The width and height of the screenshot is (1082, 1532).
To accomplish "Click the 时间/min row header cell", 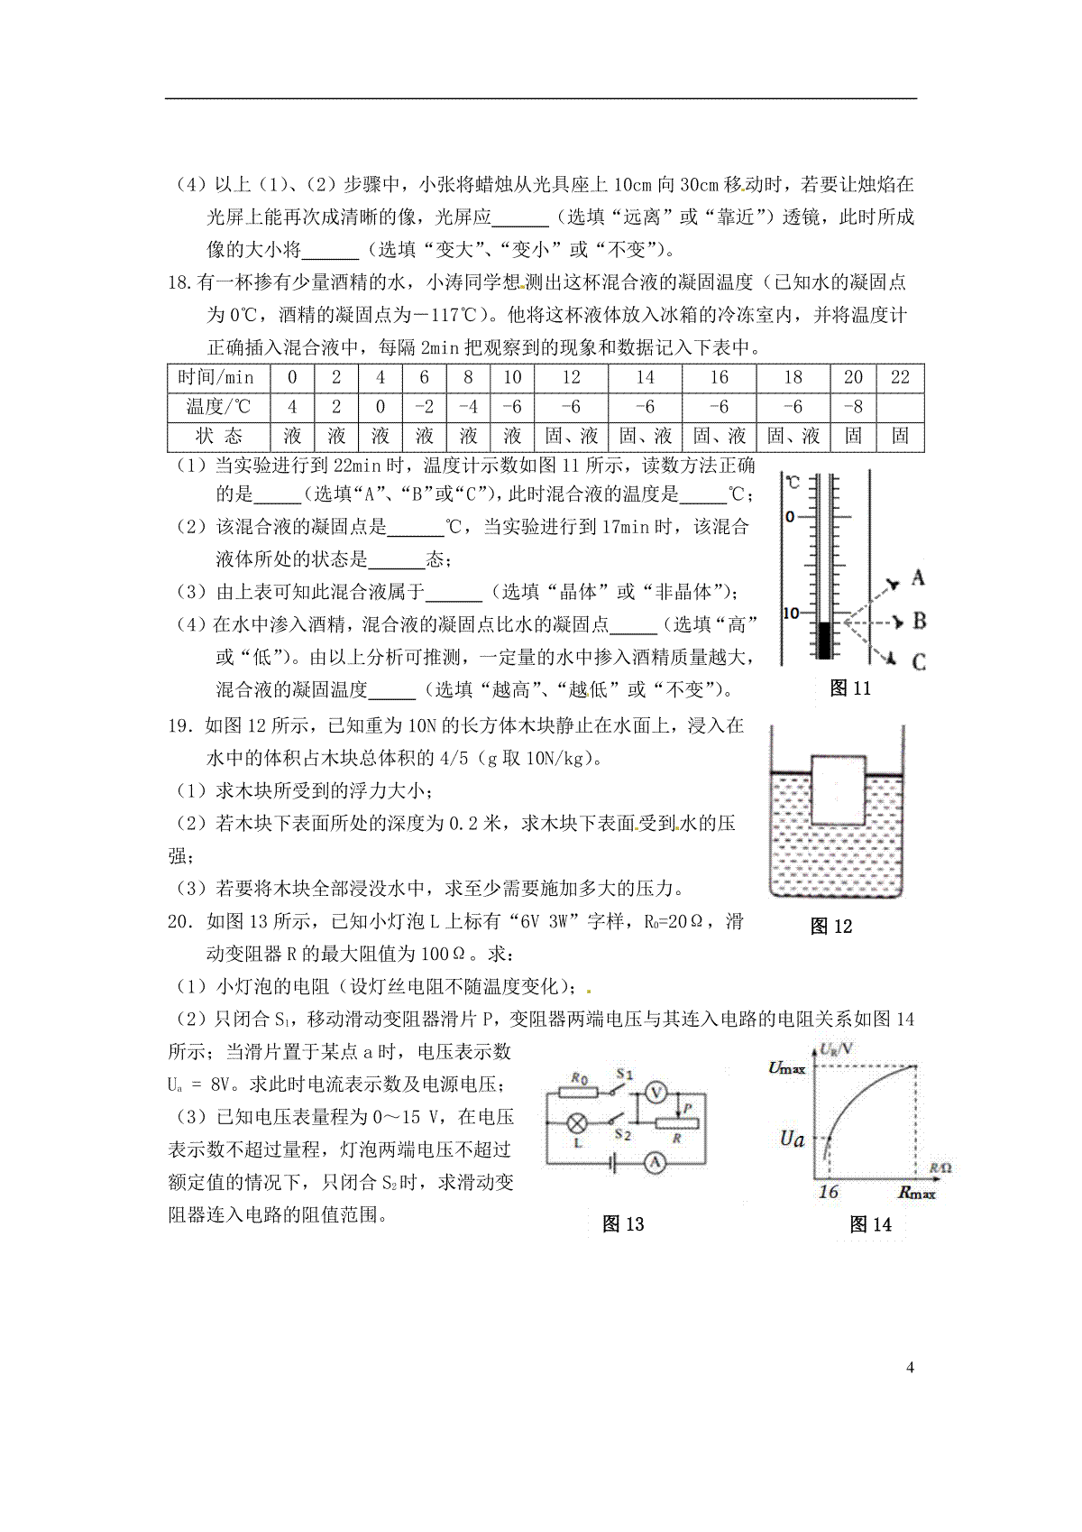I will click(215, 377).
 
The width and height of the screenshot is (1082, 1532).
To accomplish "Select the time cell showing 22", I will click(900, 377).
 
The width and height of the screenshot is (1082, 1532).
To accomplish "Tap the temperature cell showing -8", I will click(853, 407).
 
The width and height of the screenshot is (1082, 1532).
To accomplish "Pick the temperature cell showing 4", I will click(292, 407).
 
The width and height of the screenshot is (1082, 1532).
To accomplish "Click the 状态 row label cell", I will click(215, 437).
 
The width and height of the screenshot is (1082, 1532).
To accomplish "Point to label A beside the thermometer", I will click(918, 577).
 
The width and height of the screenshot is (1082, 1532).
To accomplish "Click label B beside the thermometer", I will click(919, 621).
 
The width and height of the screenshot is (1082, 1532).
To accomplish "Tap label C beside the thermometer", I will click(919, 661).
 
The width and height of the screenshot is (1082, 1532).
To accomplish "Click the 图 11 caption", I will click(849, 688).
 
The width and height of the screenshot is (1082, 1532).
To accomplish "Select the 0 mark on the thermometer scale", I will click(790, 517).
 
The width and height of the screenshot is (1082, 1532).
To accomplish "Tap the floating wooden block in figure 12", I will click(839, 789).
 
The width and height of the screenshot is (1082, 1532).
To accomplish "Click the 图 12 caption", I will click(830, 926).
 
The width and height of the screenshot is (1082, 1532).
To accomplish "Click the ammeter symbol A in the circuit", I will click(656, 1164).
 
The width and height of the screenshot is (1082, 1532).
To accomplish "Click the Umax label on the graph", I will click(786, 1068).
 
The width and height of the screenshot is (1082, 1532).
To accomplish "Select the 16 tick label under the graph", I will click(828, 1192).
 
